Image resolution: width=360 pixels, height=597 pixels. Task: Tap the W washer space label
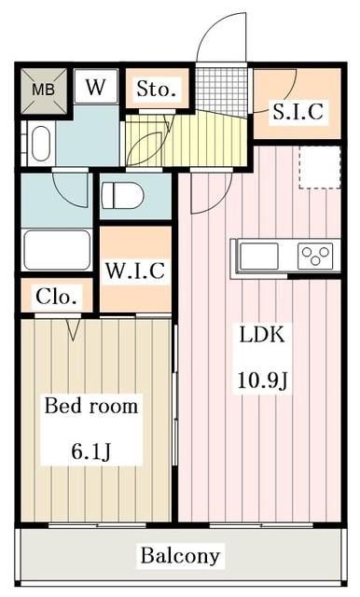tap(96, 89)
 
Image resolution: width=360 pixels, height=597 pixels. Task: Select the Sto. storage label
tap(156, 90)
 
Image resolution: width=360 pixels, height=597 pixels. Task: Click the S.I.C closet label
tap(298, 113)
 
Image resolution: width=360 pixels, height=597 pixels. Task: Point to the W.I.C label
tap(135, 271)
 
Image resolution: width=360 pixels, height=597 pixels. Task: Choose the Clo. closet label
tap(57, 298)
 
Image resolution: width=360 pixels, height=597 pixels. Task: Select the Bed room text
tap(91, 407)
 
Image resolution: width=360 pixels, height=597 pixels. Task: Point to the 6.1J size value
tap(92, 451)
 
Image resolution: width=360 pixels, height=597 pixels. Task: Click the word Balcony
tap(180, 556)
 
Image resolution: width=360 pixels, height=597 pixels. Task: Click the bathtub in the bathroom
tap(56, 250)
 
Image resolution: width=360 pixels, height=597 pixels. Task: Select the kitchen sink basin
tap(259, 255)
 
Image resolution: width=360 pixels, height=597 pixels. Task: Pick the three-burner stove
tap(315, 255)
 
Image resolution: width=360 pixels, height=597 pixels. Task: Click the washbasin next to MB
tap(39, 143)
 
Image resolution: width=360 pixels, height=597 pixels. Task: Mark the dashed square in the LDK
tap(319, 167)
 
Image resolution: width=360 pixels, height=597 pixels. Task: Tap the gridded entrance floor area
tap(223, 90)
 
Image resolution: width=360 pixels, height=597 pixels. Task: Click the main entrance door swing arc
tap(220, 37)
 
